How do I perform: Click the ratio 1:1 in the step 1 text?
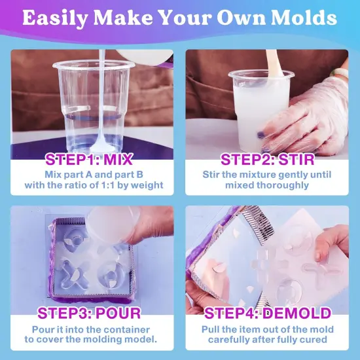[118, 185]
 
